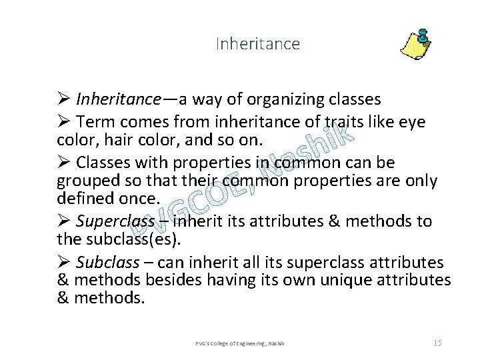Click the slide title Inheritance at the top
tap(258, 44)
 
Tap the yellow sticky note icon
tap(415, 44)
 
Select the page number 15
tap(437, 343)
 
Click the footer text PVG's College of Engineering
tap(240, 343)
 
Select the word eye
tap(411, 122)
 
